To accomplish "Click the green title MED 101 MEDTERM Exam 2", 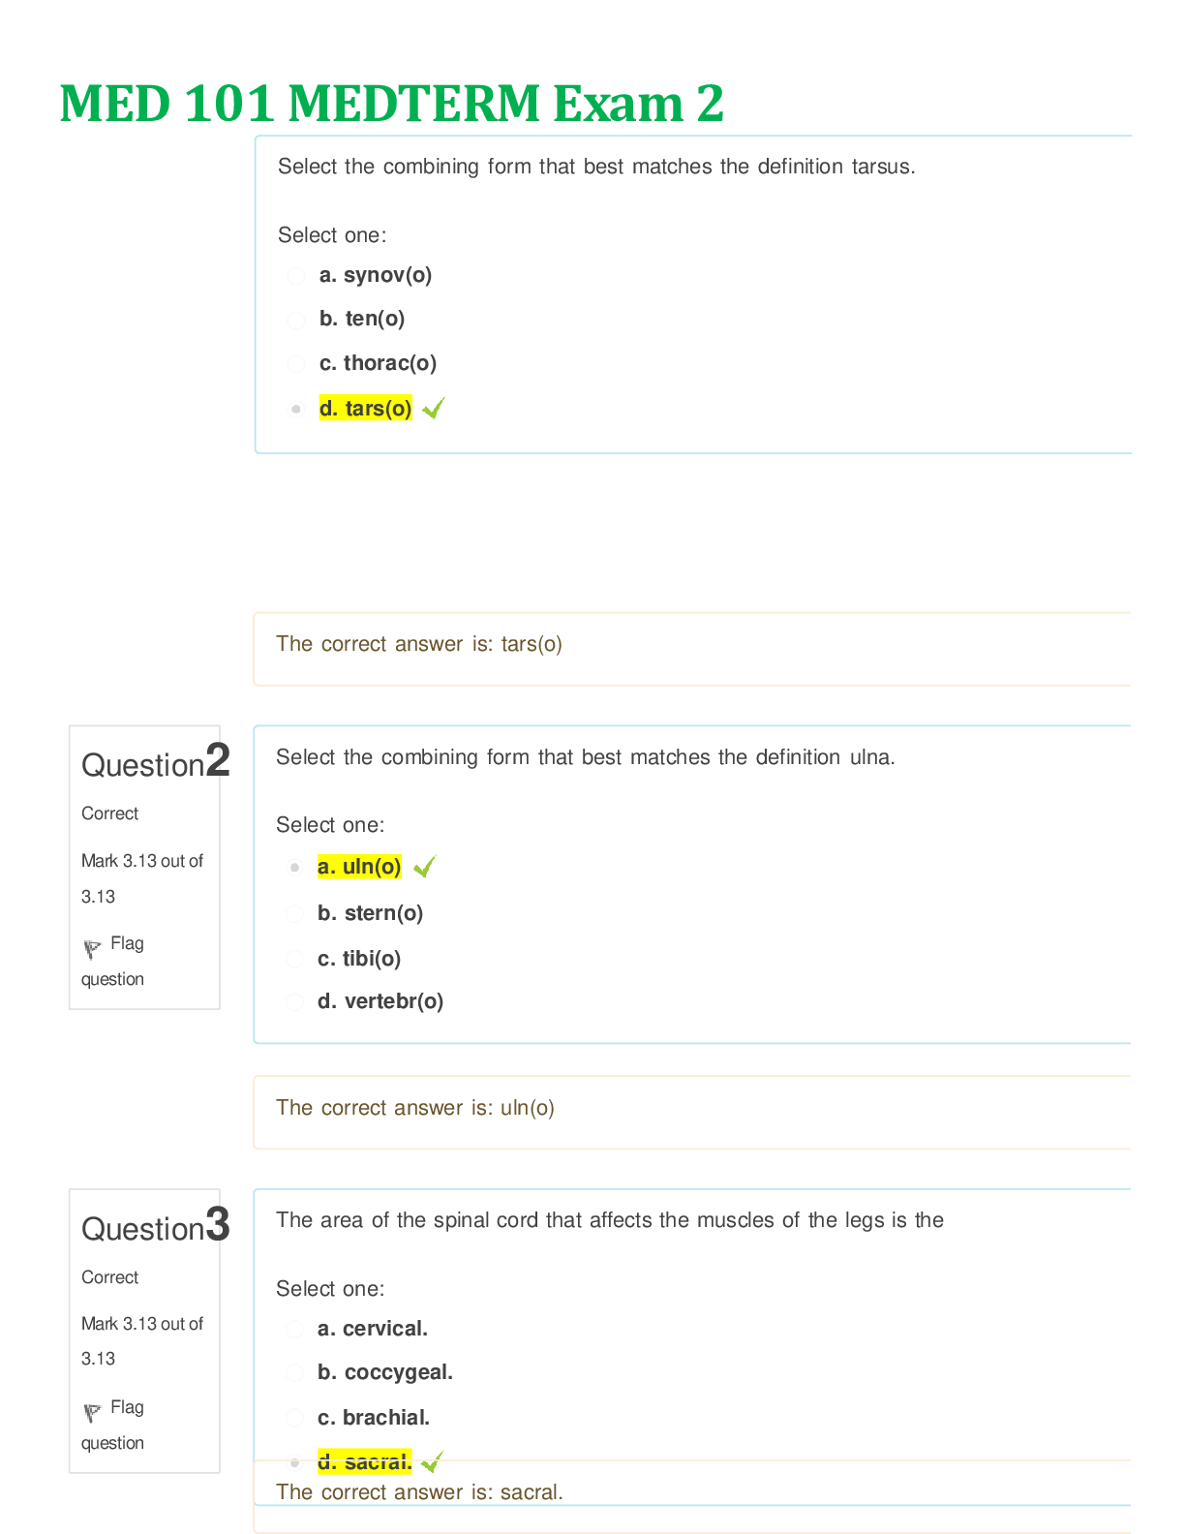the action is click(392, 103).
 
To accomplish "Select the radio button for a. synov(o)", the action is click(296, 275).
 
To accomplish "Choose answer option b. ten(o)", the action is click(362, 319).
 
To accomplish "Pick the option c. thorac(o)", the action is click(378, 363).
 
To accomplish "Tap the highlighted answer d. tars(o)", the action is click(366, 408).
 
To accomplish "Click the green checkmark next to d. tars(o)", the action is click(434, 408).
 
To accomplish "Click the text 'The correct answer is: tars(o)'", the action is click(419, 644).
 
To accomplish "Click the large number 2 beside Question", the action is click(218, 760).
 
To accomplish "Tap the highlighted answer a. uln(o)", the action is click(359, 866).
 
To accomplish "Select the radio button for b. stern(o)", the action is click(295, 913).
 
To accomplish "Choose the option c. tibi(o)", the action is click(359, 959).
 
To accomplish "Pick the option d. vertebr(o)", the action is click(380, 1001).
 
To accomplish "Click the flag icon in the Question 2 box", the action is click(92, 949).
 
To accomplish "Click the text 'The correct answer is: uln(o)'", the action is click(415, 1108).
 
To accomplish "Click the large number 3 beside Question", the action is click(218, 1224).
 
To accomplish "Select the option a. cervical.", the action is click(373, 1329).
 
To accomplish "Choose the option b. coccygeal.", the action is click(385, 1372).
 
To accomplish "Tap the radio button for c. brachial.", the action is click(295, 1418).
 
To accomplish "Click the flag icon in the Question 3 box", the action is click(92, 1413).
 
